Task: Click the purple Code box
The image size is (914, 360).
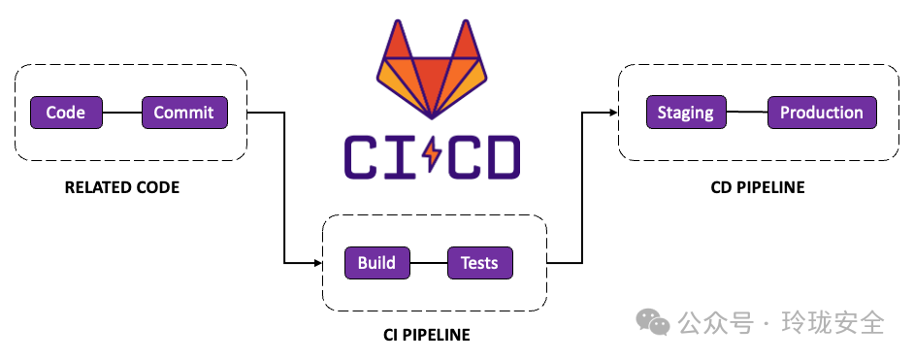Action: point(66,113)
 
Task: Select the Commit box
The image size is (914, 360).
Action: point(184,113)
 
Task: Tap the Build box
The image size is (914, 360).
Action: point(376,263)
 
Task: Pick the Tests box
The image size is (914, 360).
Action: point(479,263)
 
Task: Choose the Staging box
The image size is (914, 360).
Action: point(686,113)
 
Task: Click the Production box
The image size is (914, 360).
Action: point(822,113)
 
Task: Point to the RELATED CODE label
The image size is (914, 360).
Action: point(122,187)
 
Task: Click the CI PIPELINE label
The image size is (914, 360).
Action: point(427,335)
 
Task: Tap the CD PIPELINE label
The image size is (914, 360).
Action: point(758,187)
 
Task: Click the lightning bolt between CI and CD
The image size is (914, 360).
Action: point(432,156)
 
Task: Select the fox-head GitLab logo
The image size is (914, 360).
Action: point(432,69)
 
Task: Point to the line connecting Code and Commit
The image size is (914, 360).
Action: point(122,113)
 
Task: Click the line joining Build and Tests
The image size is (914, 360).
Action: point(429,263)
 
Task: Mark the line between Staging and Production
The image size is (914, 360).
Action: point(747,113)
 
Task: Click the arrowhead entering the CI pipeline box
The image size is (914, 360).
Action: point(318,263)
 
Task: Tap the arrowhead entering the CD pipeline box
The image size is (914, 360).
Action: point(613,113)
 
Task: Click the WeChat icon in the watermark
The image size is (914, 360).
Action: point(653,322)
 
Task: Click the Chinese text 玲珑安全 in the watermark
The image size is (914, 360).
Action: point(833,322)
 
